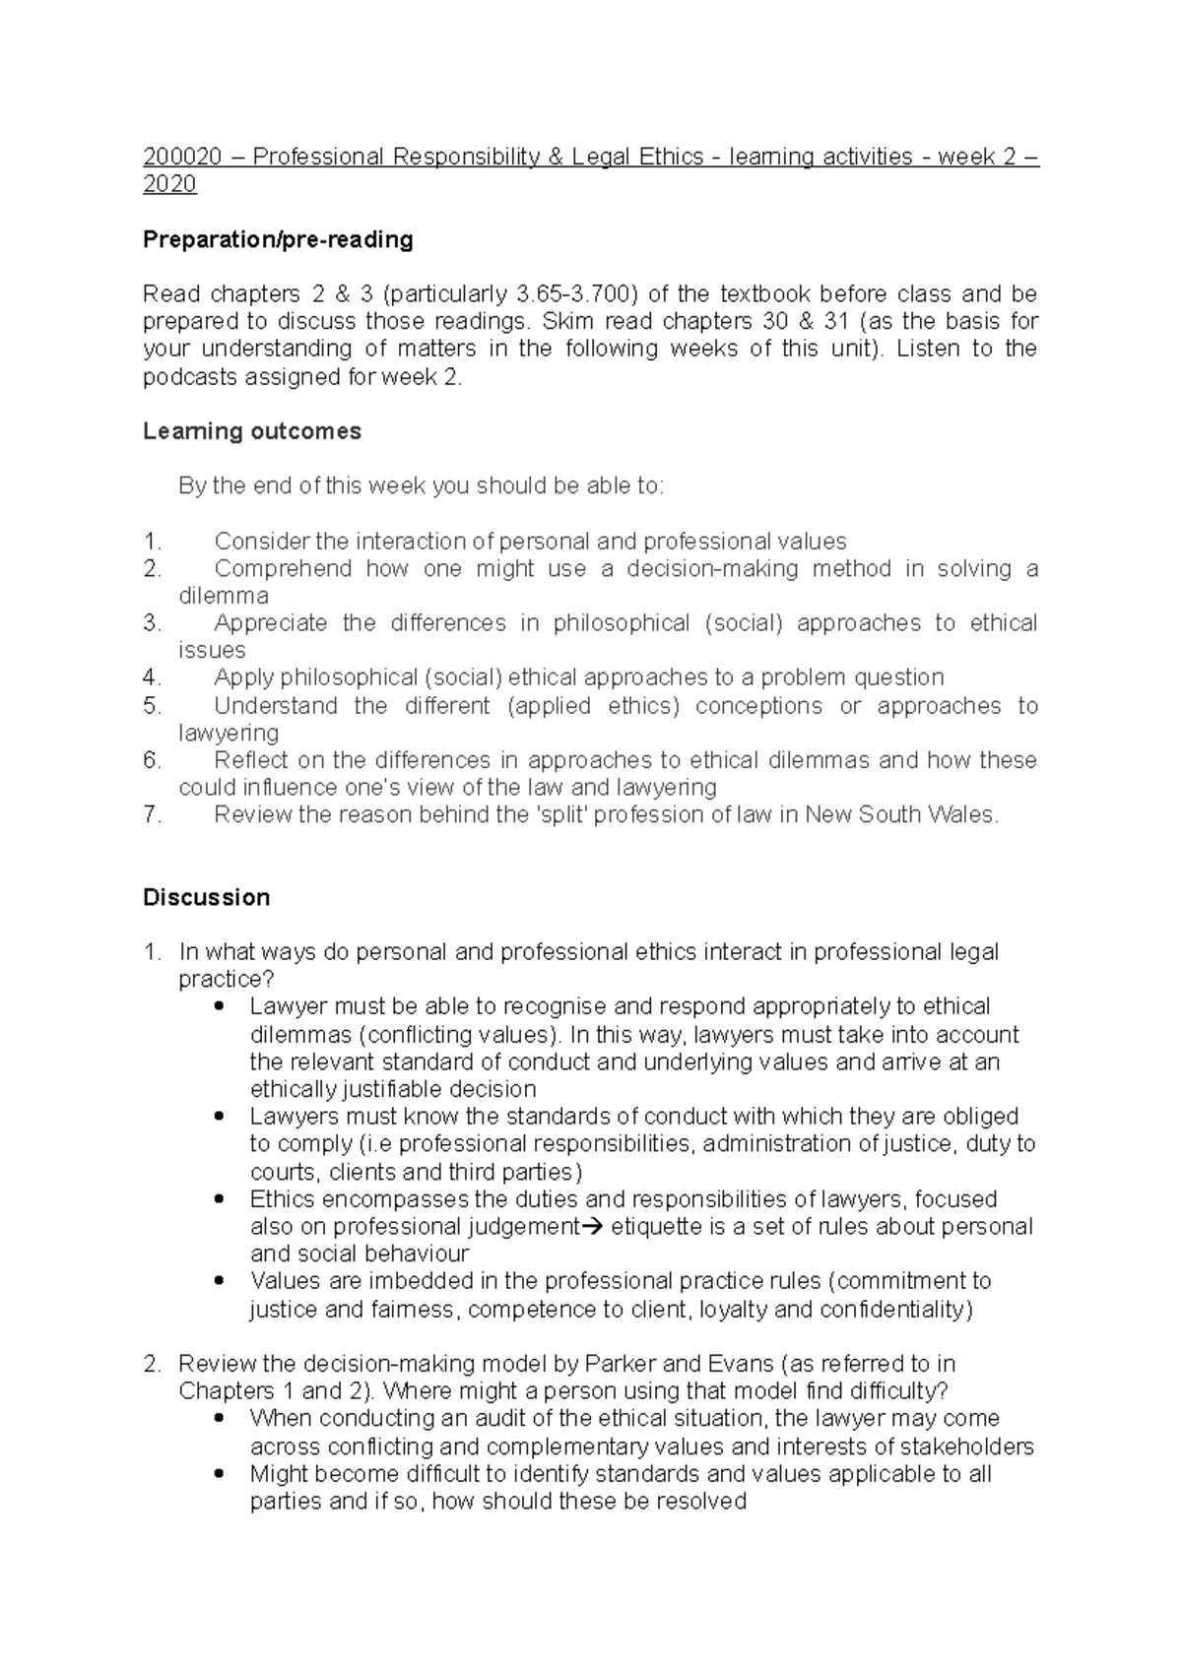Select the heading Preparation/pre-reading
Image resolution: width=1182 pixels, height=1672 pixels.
click(x=278, y=239)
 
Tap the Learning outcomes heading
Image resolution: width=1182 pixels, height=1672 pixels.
click(x=252, y=431)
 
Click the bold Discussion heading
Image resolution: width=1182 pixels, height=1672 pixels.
click(x=206, y=897)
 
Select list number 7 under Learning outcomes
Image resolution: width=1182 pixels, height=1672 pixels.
click(x=151, y=814)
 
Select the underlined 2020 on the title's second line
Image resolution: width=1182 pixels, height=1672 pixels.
click(x=169, y=184)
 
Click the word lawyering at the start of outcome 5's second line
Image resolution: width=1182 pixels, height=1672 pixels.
click(x=229, y=733)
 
